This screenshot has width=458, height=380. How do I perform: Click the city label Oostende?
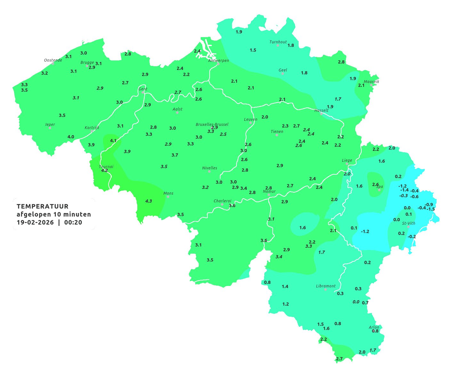(53, 60)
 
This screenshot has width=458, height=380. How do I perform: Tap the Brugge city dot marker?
(87, 66)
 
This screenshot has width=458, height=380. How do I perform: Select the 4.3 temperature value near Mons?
(149, 201)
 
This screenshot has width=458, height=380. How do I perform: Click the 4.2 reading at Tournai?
(104, 170)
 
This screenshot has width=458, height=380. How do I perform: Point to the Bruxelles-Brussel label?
(212, 124)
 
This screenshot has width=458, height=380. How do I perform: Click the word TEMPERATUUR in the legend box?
(43, 206)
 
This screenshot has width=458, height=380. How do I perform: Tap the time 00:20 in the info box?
(73, 223)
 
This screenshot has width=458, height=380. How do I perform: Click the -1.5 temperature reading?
(431, 209)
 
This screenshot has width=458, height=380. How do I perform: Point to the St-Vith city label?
(408, 223)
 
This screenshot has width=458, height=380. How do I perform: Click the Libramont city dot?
(325, 289)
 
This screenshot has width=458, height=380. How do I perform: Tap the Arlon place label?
(374, 327)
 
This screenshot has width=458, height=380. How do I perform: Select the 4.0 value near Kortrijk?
(71, 137)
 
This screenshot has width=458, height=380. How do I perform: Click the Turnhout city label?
(278, 42)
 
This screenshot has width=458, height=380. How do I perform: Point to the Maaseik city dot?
(371, 85)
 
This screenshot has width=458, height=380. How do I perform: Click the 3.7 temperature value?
(175, 155)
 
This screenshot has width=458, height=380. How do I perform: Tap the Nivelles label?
(210, 168)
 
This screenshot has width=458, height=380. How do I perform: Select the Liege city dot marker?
(347, 164)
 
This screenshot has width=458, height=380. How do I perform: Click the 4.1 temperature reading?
(113, 141)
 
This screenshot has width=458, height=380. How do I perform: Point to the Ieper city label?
(50, 124)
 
